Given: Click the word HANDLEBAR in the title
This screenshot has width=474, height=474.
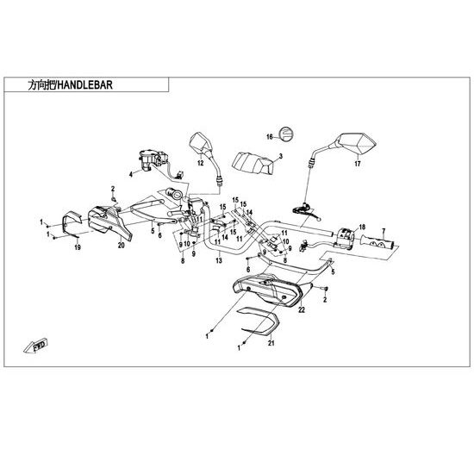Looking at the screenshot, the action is pyautogui.click(x=84, y=85).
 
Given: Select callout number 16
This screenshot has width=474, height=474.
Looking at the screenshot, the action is pyautogui.click(x=270, y=137).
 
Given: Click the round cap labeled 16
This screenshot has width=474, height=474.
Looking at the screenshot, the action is pyautogui.click(x=285, y=134).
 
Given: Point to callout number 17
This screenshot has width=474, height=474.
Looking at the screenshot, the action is pyautogui.click(x=358, y=164).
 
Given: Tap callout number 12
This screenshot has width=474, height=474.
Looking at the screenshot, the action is pyautogui.click(x=201, y=164).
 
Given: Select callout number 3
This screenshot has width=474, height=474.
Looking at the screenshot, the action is pyautogui.click(x=281, y=156).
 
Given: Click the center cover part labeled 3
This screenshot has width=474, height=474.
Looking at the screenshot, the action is pyautogui.click(x=253, y=163).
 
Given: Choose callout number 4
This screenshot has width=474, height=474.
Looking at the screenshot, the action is pyautogui.click(x=131, y=174).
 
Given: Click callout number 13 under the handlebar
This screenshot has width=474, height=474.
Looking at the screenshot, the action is pyautogui.click(x=219, y=260).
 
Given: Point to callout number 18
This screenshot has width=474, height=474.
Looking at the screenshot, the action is pyautogui.click(x=362, y=228).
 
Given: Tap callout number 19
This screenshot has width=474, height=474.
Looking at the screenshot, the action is pyautogui.click(x=78, y=247).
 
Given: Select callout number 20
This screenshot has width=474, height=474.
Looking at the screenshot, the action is pyautogui.click(x=122, y=246).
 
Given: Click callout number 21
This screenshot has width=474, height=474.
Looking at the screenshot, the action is pyautogui.click(x=271, y=343).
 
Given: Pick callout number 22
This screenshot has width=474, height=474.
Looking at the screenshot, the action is pyautogui.click(x=302, y=310).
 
